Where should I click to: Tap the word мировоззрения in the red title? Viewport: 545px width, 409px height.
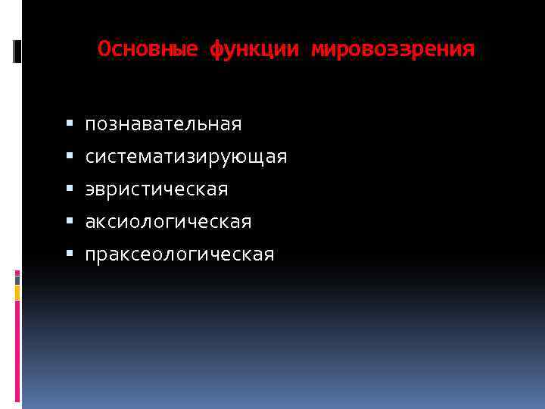393,50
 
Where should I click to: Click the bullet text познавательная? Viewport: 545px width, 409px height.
163,123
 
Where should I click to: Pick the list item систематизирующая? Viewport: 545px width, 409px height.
185,157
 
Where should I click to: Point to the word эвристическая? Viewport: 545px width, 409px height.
156,189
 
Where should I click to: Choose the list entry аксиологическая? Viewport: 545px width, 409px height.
168,222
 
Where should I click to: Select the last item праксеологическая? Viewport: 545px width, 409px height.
179,254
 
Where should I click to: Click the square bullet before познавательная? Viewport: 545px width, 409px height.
69,122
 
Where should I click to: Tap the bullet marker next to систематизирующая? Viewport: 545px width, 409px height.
69,155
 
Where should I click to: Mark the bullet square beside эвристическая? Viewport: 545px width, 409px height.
69,188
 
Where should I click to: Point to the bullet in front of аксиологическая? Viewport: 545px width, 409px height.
69,220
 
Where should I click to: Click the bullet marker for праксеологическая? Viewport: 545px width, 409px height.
69,253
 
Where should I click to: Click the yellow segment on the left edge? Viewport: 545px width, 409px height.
17,293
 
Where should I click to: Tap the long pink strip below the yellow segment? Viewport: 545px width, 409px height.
17,352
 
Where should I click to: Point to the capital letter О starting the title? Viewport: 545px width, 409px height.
103,50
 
